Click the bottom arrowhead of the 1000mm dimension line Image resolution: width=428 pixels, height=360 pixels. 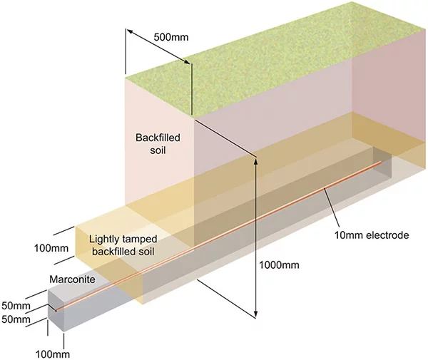255,314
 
